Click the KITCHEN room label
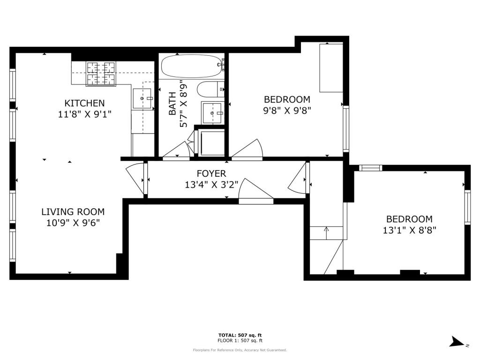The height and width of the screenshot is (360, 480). point(84,103)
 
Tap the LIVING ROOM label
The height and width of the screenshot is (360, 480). point(73,212)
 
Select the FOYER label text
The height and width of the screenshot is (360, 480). point(211,173)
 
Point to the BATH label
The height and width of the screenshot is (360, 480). point(172,104)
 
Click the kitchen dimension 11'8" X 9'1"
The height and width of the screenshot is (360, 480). point(84,114)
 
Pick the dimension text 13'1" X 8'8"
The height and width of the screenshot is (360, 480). point(409,230)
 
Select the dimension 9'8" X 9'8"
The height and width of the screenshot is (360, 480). point(287,110)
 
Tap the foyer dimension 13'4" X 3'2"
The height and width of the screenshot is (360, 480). point(211,185)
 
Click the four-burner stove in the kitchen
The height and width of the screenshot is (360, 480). point(101,74)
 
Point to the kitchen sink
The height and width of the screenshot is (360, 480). point(142,98)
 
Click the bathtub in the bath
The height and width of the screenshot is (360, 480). point(193,66)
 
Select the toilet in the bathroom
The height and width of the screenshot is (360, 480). point(211,90)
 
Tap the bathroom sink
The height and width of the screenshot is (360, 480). point(212,113)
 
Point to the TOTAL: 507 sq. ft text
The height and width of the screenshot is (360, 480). point(240,335)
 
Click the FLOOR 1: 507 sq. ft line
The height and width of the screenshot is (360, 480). point(240,340)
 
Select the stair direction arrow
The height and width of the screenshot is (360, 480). point(326,233)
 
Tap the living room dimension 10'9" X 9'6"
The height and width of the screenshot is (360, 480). point(73,223)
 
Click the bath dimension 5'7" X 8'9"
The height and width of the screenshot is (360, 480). point(183,104)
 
